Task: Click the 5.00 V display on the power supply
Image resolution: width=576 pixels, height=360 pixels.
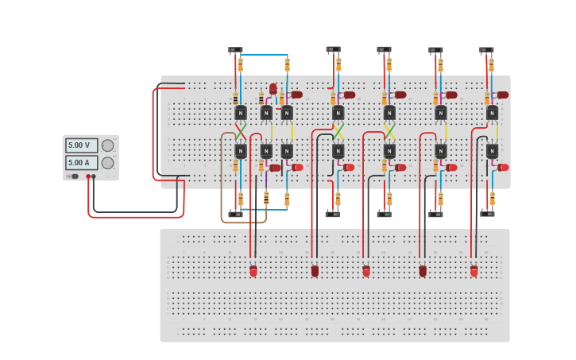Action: tap(81, 145)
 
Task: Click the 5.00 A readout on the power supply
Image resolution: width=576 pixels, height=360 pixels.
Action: tap(81, 163)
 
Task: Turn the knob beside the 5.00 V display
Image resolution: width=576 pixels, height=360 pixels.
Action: tap(107, 145)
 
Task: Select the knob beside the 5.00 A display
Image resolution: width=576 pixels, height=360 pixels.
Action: tap(107, 163)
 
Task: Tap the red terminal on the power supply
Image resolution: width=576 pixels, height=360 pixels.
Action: tap(88, 176)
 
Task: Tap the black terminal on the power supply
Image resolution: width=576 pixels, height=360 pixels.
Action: tap(94, 176)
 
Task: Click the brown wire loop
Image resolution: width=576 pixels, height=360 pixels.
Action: tap(222, 183)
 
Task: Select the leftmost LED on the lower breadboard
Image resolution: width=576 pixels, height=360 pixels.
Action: tap(253, 271)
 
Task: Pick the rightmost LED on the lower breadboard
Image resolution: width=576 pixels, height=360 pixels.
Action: tap(474, 271)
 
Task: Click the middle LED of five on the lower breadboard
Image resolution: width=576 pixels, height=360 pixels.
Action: tap(366, 271)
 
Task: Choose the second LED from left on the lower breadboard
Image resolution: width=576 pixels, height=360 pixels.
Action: tap(315, 271)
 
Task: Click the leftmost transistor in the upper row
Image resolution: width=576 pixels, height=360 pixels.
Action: tap(241, 113)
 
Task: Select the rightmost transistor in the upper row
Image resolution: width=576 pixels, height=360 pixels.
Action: tap(492, 113)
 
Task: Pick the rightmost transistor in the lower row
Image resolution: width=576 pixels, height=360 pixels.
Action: tap(492, 150)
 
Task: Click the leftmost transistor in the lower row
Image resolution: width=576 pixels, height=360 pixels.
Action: tap(241, 150)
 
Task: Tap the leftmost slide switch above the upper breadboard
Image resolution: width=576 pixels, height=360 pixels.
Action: tap(235, 51)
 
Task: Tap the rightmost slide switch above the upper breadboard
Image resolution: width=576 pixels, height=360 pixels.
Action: tap(486, 50)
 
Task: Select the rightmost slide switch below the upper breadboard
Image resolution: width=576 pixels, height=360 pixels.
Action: tap(487, 214)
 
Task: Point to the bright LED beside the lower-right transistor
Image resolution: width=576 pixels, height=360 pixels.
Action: tap(503, 168)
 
